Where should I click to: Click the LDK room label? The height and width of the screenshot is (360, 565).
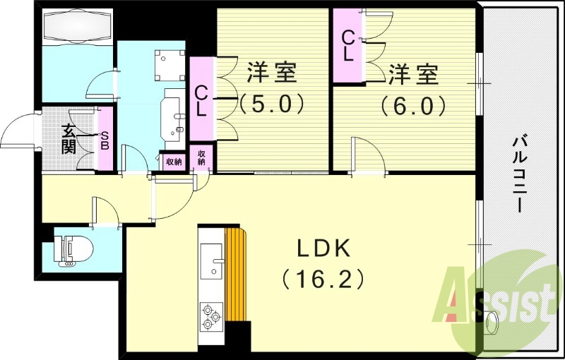[323, 248]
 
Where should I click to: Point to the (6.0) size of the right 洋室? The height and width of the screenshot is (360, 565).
[413, 105]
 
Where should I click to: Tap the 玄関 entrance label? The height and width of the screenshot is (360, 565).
[69, 138]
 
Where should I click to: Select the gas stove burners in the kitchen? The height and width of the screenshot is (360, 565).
[211, 315]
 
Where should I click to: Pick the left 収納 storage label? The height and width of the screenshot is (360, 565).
[172, 162]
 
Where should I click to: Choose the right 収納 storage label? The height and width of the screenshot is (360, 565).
[202, 157]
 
